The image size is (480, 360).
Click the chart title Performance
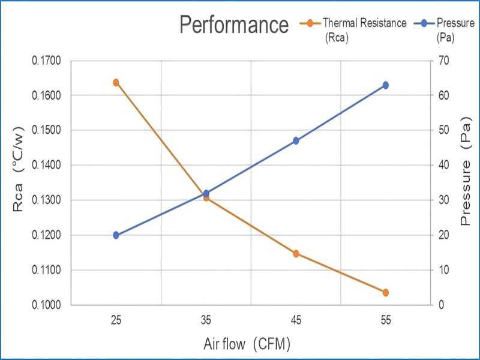click(235, 25)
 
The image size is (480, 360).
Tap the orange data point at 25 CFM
click(116, 83)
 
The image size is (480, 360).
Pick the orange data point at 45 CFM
click(296, 254)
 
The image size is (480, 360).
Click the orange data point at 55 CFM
click(386, 293)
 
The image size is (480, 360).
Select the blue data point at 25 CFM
click(116, 235)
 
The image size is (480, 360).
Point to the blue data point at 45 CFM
click(296, 141)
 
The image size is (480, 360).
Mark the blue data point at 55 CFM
click(386, 85)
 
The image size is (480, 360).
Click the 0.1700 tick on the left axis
click(47, 61)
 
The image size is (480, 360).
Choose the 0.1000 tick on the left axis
click(47, 305)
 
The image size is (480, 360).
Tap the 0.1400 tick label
click(47, 166)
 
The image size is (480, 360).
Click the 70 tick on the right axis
click(443, 61)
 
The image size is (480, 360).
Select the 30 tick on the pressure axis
click(443, 200)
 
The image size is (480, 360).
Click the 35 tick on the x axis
click(206, 320)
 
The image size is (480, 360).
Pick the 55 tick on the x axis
click(386, 320)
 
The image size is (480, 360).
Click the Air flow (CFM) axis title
click(248, 344)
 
